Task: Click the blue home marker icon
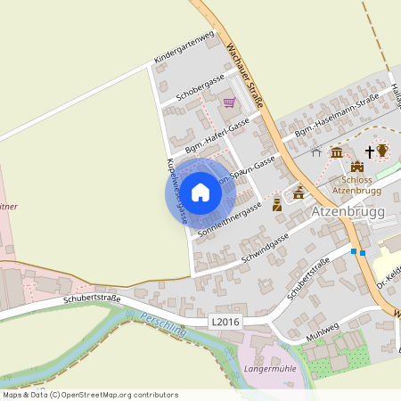click(200, 192)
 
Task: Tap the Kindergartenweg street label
click(185, 48)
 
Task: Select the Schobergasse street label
click(200, 86)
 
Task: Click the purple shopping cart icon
click(229, 102)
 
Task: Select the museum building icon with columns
click(337, 153)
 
